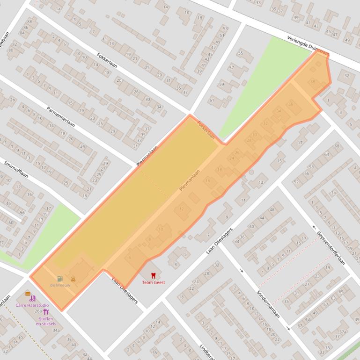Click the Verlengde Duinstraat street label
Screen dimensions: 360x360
point(308,46)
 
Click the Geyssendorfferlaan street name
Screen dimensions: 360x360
point(331,248)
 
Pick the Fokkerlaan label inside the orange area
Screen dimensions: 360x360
point(206,130)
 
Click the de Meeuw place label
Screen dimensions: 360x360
point(60,285)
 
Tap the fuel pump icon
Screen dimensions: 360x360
point(60,279)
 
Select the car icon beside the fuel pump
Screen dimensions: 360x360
point(73,279)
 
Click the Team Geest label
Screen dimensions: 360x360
point(154,282)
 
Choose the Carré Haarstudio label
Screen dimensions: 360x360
point(32,305)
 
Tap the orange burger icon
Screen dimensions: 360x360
point(28,294)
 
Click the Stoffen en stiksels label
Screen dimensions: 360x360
point(46,321)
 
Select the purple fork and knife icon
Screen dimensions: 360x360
point(46,312)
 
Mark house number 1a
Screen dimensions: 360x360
point(58,9)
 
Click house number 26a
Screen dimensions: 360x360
point(38,311)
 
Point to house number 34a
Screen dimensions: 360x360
point(56,330)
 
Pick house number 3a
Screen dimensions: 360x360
point(333,193)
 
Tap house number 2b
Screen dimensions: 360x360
point(12,100)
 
